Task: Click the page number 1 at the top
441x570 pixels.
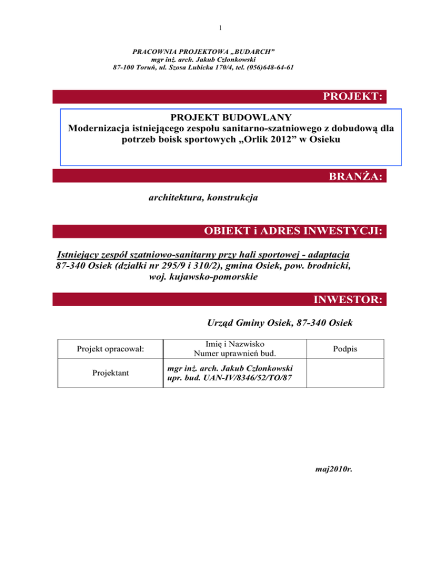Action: tap(220, 27)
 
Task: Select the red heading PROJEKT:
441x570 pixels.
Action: tap(353, 96)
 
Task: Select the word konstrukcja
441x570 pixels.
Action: tap(230, 198)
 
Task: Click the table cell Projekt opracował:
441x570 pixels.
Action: tap(111, 349)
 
